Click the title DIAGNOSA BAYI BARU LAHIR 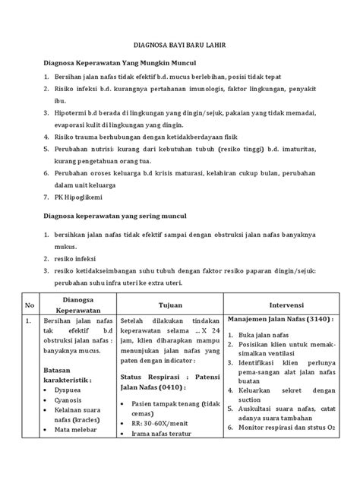(x=180, y=47)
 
